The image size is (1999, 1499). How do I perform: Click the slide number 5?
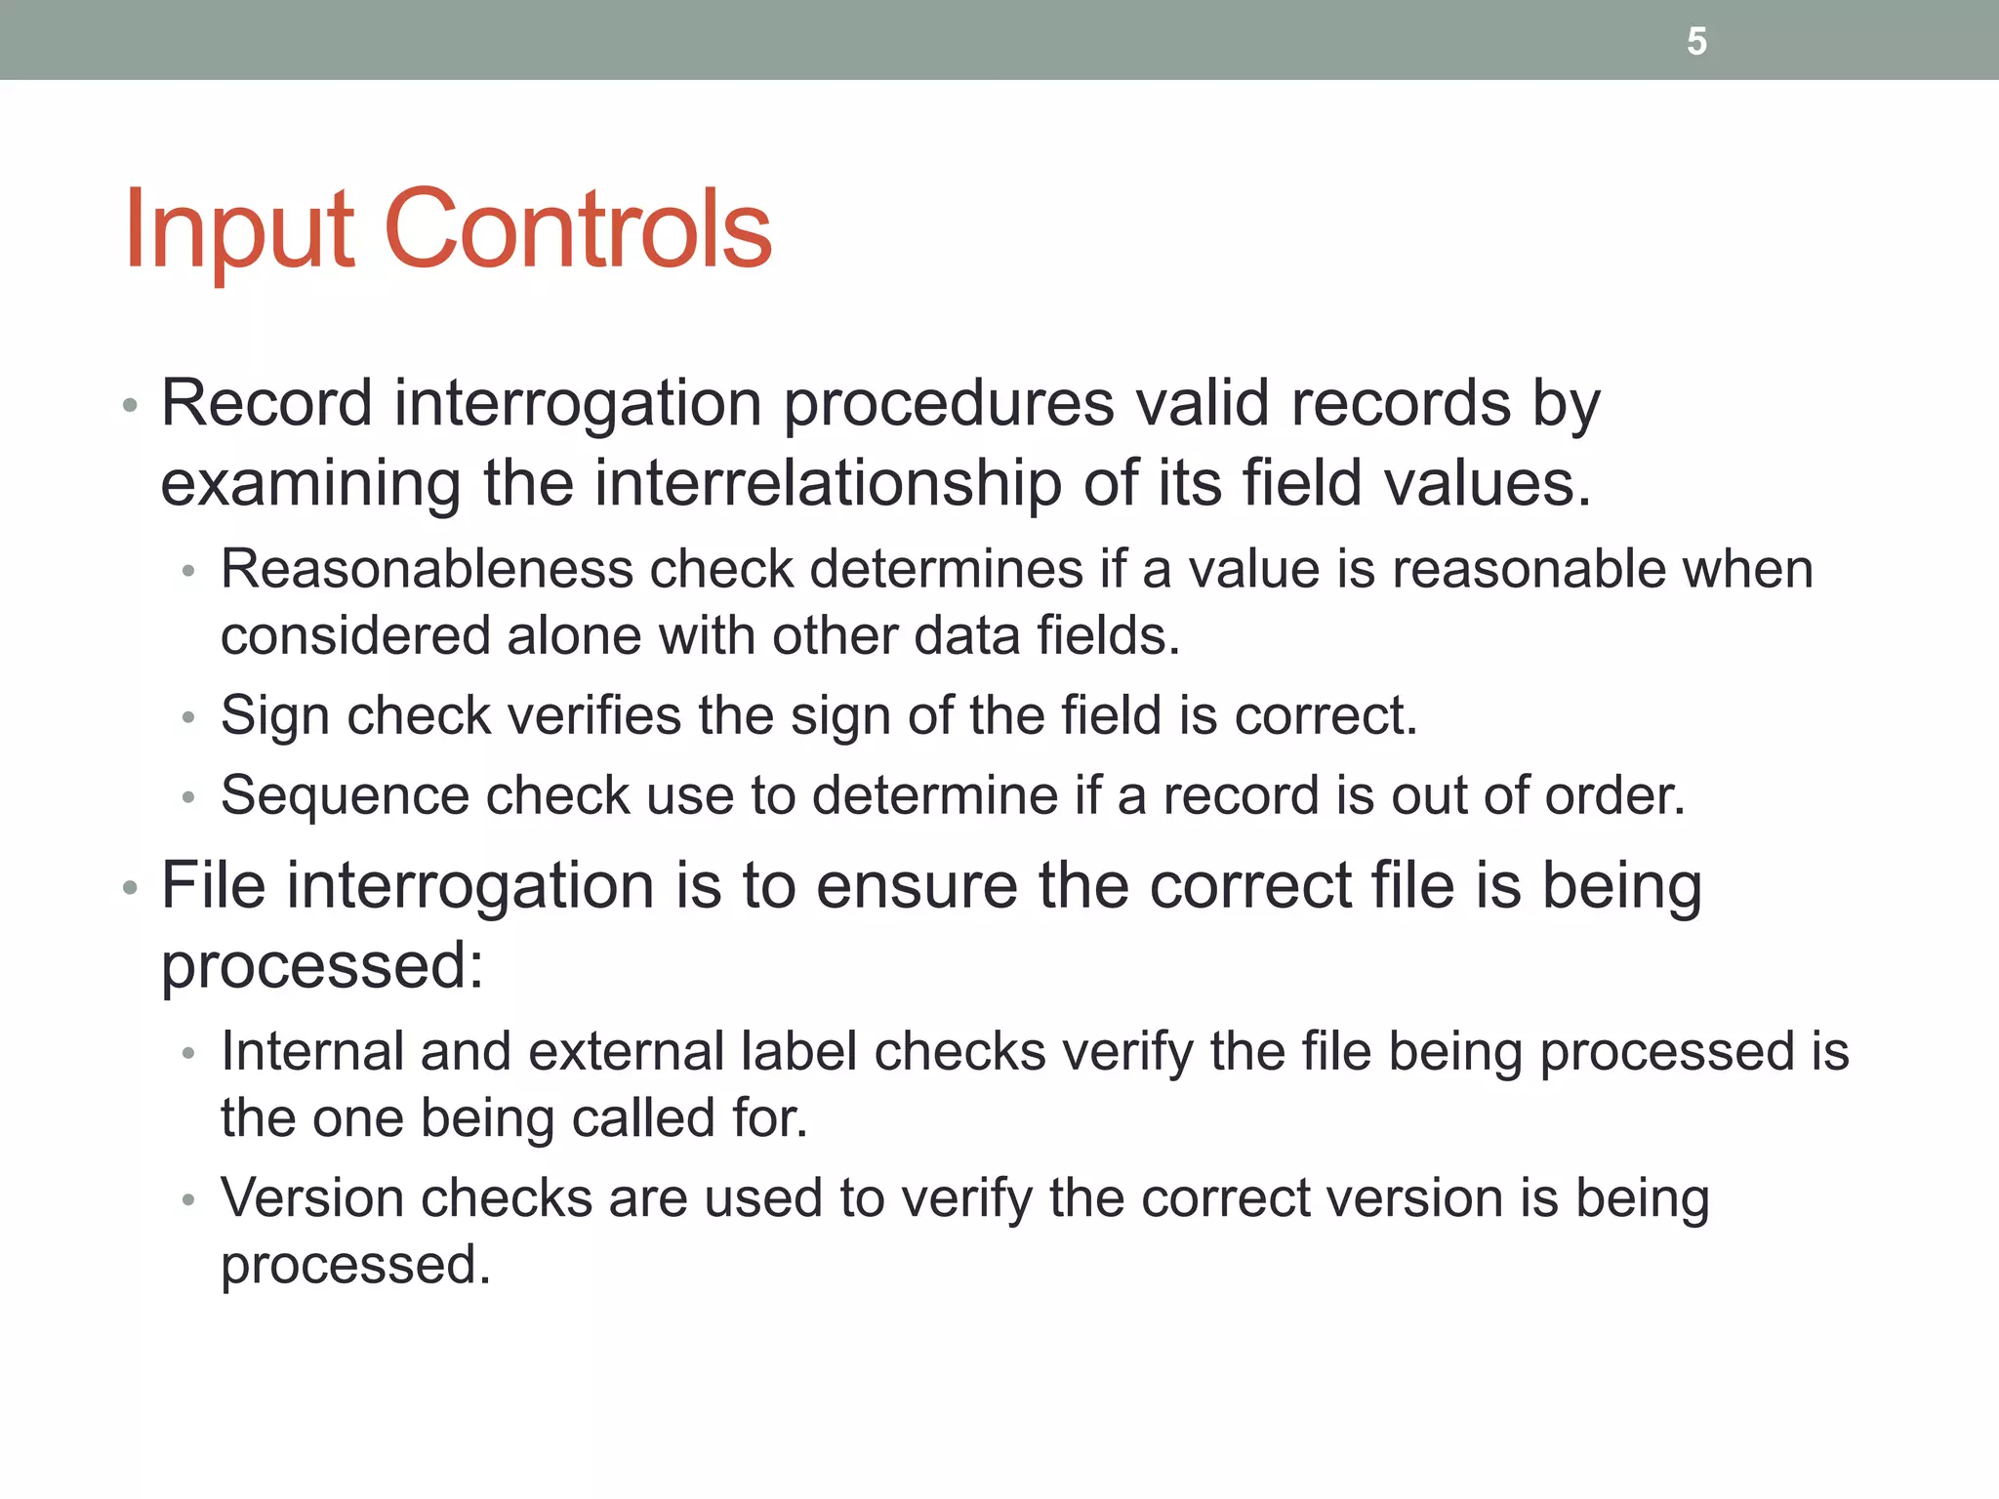point(1696,41)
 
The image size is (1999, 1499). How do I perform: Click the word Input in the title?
point(238,229)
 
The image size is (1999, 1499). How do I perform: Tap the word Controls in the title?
point(579,229)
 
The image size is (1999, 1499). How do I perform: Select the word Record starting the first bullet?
point(266,402)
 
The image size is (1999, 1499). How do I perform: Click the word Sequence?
point(345,794)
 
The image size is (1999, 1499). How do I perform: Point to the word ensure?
point(918,885)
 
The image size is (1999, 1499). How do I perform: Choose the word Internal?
point(312,1051)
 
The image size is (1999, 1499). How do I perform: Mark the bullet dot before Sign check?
point(189,718)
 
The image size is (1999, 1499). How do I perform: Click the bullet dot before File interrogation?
point(130,889)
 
